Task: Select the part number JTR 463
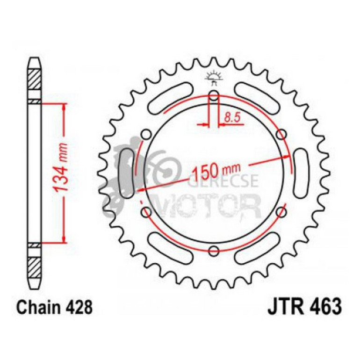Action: tap(304, 308)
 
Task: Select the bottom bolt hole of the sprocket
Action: tap(214, 251)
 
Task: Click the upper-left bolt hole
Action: tap(146, 135)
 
